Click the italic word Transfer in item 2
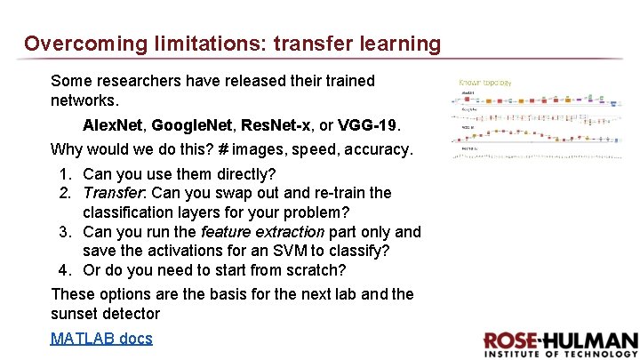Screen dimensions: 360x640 tap(112, 193)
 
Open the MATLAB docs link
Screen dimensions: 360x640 tap(101, 338)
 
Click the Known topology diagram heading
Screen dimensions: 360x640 tap(484, 83)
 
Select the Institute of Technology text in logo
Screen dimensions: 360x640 tap(560, 354)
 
